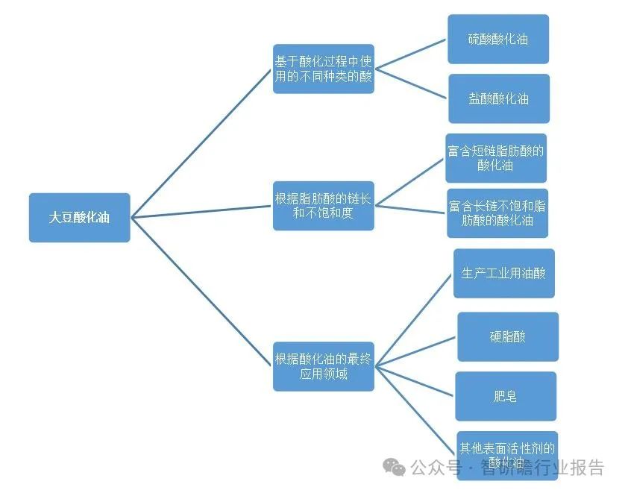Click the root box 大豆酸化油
(79, 218)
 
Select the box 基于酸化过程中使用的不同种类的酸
(323, 68)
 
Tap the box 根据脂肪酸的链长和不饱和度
(323, 206)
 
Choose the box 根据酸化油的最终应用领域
(323, 366)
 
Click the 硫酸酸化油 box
(498, 39)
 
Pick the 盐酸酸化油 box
(498, 98)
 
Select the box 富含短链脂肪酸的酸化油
(496, 157)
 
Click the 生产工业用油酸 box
(503, 273)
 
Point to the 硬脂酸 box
(507, 336)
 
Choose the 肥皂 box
(506, 396)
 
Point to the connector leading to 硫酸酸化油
(410, 54)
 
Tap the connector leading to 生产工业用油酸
(414, 319)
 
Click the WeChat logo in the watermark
(395, 468)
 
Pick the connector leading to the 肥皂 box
(415, 380)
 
